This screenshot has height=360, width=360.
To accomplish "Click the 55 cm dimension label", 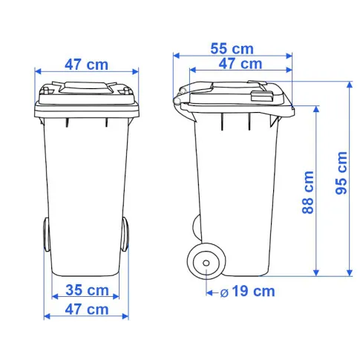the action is pyautogui.click(x=232, y=48).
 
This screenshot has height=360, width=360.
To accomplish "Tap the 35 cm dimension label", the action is pyautogui.click(x=87, y=289).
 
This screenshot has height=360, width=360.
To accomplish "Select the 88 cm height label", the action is pyautogui.click(x=308, y=192).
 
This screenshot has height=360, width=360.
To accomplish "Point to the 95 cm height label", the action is pyautogui.click(x=341, y=173).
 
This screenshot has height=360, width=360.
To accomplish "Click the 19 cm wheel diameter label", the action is pyautogui.click(x=253, y=291).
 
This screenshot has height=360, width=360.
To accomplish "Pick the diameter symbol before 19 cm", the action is pyautogui.click(x=224, y=293).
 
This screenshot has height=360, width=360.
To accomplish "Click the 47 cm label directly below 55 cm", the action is pyautogui.click(x=240, y=64).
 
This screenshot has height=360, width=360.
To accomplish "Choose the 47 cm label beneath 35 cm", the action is pyautogui.click(x=87, y=310).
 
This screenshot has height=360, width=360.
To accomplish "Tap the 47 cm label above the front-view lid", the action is pyautogui.click(x=87, y=65).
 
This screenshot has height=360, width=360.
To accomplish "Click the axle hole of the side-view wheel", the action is pyautogui.click(x=206, y=263).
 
